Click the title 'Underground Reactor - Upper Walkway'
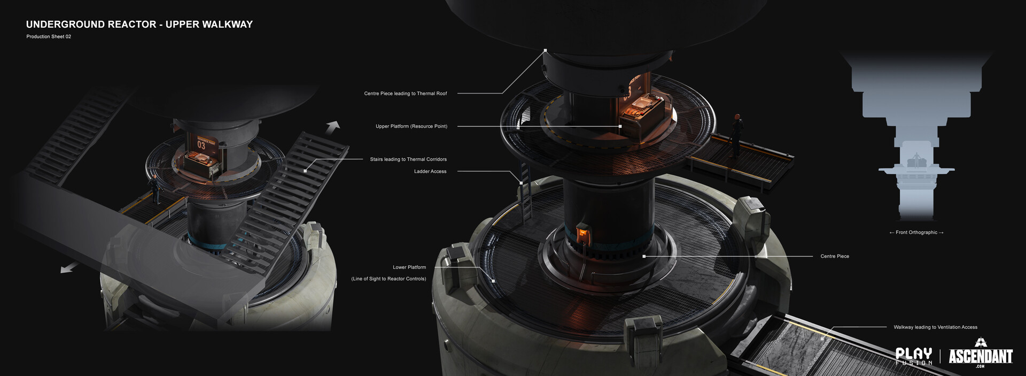tap(139, 24)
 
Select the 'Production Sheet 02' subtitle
tap(49, 36)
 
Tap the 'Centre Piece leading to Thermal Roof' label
tap(405, 94)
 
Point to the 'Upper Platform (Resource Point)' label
tap(411, 126)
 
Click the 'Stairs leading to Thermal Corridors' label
tap(408, 159)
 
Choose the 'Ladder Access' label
tap(430, 172)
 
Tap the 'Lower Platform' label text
tap(409, 267)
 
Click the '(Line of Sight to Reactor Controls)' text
tap(388, 279)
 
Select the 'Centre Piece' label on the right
tap(834, 256)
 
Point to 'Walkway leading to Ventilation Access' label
tap(935, 327)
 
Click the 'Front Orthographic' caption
tap(916, 233)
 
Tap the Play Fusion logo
tap(913, 356)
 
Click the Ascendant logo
tap(980, 354)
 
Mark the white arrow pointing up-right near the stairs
tap(333, 127)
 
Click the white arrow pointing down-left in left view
tap(69, 267)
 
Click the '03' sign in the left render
tap(201, 145)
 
